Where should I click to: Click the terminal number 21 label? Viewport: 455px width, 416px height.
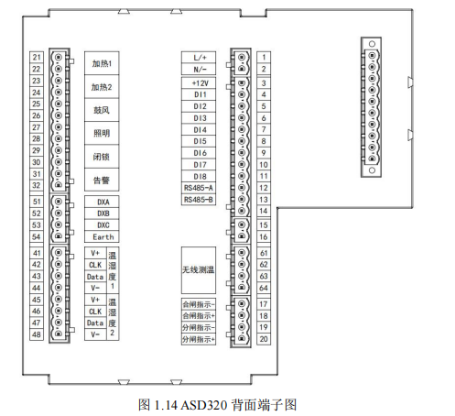click(37, 57)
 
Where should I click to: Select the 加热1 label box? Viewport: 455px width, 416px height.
click(102, 63)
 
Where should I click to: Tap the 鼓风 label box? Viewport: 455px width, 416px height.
click(102, 110)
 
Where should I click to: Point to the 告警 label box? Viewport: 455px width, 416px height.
click(102, 180)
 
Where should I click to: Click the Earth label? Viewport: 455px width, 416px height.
click(103, 236)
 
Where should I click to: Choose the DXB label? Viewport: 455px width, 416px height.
click(103, 213)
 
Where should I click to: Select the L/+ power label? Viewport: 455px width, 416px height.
click(199, 58)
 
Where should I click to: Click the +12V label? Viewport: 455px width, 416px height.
click(199, 83)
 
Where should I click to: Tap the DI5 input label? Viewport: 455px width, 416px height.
click(199, 141)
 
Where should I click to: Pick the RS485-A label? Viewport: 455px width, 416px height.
click(199, 188)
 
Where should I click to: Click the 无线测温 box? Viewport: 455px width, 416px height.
click(199, 270)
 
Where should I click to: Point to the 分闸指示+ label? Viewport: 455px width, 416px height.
click(199, 339)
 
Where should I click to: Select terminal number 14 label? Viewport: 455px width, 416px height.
click(264, 211)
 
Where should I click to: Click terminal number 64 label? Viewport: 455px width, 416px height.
click(264, 288)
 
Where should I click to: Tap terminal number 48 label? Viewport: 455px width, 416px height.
click(37, 334)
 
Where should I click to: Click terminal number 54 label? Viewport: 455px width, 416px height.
click(37, 236)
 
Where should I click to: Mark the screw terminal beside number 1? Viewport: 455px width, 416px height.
click(242, 58)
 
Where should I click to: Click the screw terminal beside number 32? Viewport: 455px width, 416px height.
click(59, 185)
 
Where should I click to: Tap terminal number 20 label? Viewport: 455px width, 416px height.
click(264, 339)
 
